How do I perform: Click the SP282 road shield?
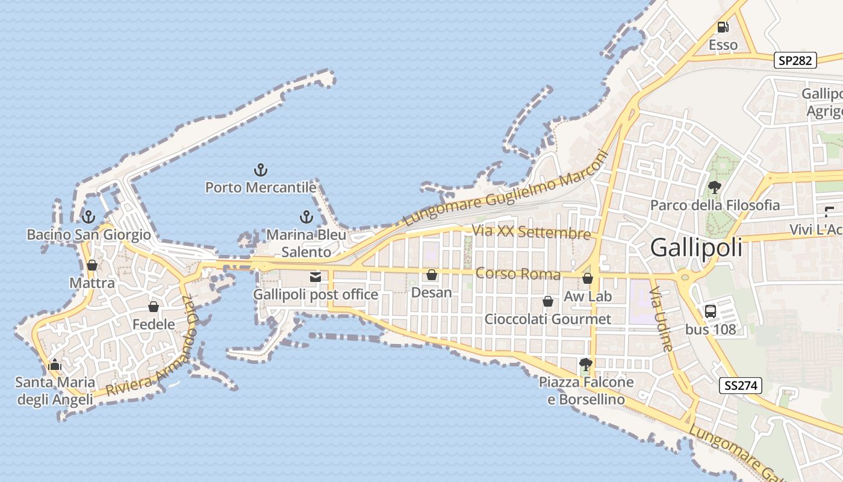pyautogui.click(x=795, y=60)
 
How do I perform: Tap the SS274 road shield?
pyautogui.click(x=741, y=386)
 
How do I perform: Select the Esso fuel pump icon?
pyautogui.click(x=723, y=27)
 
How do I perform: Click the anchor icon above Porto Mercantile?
pyautogui.click(x=261, y=169)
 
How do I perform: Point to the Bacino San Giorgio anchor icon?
pyautogui.click(x=89, y=217)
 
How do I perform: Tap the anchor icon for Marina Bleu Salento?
pyautogui.click(x=306, y=217)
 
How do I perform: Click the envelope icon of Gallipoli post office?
pyautogui.click(x=315, y=277)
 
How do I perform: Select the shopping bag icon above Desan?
pyautogui.click(x=431, y=275)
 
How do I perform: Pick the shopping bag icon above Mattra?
pyautogui.click(x=92, y=265)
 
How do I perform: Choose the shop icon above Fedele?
pyautogui.click(x=154, y=307)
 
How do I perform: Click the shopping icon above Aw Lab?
pyautogui.click(x=588, y=278)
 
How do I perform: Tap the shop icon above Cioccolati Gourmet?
pyautogui.click(x=548, y=301)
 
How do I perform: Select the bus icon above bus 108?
pyautogui.click(x=711, y=311)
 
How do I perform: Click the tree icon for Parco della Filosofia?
pyautogui.click(x=715, y=187)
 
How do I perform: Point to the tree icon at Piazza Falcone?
pyautogui.click(x=585, y=364)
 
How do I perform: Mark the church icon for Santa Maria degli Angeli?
pyautogui.click(x=55, y=365)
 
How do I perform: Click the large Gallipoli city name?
pyautogui.click(x=696, y=248)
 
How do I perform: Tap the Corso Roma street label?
pyautogui.click(x=518, y=274)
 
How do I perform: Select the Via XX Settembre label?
pyautogui.click(x=530, y=232)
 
